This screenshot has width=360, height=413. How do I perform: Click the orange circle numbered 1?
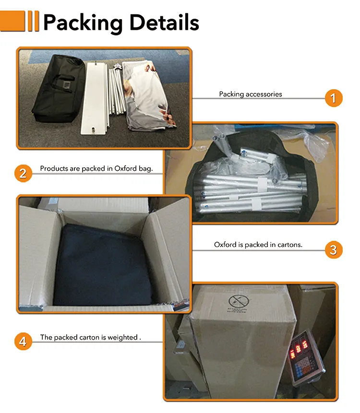pos(333,98)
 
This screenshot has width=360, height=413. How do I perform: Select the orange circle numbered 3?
pos(334,250)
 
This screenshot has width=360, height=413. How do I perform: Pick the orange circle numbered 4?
pos(23,342)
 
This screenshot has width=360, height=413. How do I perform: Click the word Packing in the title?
pos(83,23)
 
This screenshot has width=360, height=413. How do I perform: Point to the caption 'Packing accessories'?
pos(250,94)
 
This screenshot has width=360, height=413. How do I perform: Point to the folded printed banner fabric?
pos(149,96)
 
